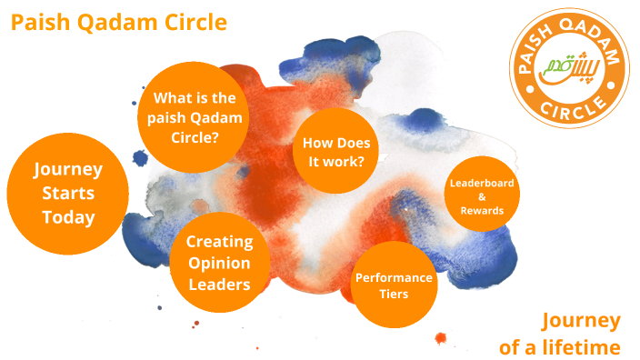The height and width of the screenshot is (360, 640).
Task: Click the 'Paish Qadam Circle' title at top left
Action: (x=119, y=22)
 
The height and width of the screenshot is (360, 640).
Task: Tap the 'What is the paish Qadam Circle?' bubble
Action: (x=195, y=116)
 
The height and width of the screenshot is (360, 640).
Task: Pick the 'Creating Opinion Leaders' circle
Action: (x=219, y=263)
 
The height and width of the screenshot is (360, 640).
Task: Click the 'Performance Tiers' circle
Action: (x=394, y=285)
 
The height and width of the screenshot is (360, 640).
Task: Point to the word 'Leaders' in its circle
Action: (x=219, y=285)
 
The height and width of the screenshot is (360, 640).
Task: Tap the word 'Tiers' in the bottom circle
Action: (x=394, y=295)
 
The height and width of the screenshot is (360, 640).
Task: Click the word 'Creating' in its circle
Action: (x=219, y=242)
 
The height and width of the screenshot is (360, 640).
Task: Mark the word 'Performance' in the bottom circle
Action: (x=394, y=277)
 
